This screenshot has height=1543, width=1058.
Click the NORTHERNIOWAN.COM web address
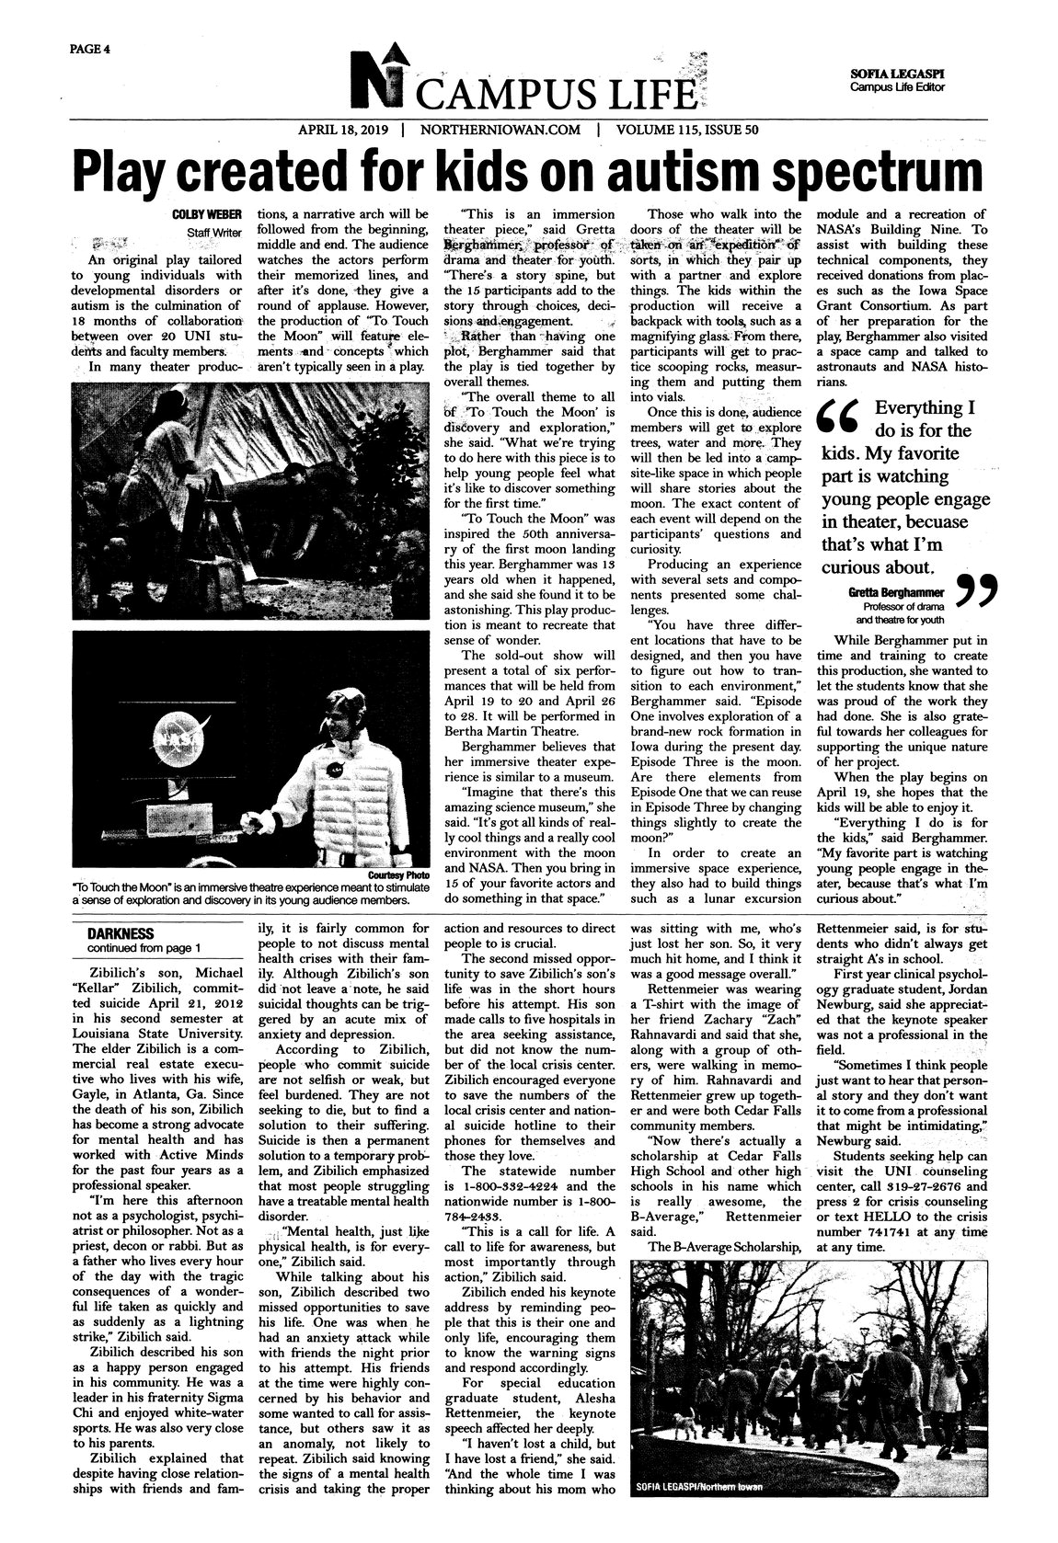[x=500, y=130]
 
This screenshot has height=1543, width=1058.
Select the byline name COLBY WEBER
[x=207, y=214]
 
